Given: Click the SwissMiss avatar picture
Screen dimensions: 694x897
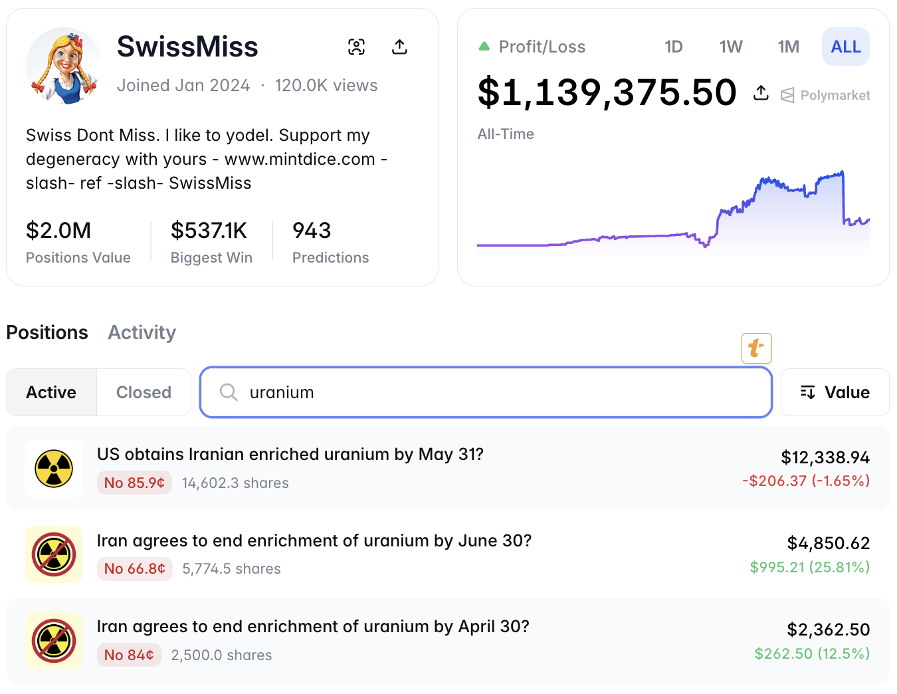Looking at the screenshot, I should coord(64,65).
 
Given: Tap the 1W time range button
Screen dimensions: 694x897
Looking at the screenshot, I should coord(731,47).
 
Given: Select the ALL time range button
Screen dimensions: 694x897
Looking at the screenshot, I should coord(845,47).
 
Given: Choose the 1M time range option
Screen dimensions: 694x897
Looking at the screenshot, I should coord(788,47).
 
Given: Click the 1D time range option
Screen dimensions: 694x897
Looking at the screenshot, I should coord(674,47).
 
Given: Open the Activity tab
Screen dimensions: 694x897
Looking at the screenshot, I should coord(142,332).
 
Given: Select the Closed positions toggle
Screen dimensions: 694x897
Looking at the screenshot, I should coord(144,392).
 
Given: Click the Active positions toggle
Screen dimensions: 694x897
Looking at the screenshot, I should coord(51,392).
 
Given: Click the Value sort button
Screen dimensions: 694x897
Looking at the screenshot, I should coord(835,392).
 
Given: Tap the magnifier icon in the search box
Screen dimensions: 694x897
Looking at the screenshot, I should coord(229,392).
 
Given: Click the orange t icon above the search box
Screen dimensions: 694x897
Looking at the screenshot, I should coord(756,348).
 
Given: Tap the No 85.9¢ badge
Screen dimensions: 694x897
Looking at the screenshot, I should coord(134,483).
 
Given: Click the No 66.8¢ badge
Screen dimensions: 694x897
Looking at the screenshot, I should coord(135,569).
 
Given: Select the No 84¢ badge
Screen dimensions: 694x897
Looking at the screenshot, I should coord(129,655).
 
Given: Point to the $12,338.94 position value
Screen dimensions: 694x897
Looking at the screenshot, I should coord(825,457).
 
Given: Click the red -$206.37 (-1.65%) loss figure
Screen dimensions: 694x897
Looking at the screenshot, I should coord(805,481).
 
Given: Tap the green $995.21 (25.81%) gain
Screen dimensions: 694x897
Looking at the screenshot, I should coord(809,567).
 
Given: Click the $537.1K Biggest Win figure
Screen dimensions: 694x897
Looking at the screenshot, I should coord(209,231).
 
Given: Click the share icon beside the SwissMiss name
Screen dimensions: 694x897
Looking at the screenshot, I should coord(399,47).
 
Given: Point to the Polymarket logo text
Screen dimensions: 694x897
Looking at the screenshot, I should coord(834,95).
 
